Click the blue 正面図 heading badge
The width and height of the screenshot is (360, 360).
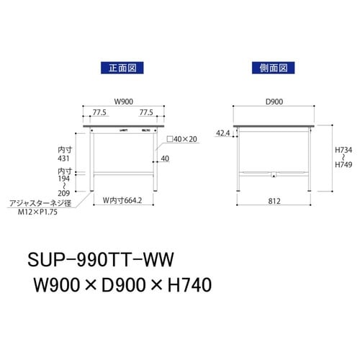(x=117, y=68)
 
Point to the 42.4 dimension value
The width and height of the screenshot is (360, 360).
(x=222, y=132)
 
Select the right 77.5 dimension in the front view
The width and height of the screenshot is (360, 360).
(x=145, y=113)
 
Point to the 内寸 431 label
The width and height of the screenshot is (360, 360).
(x=64, y=152)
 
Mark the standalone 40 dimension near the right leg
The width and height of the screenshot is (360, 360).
(x=166, y=158)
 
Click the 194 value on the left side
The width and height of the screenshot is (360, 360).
(x=64, y=179)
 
